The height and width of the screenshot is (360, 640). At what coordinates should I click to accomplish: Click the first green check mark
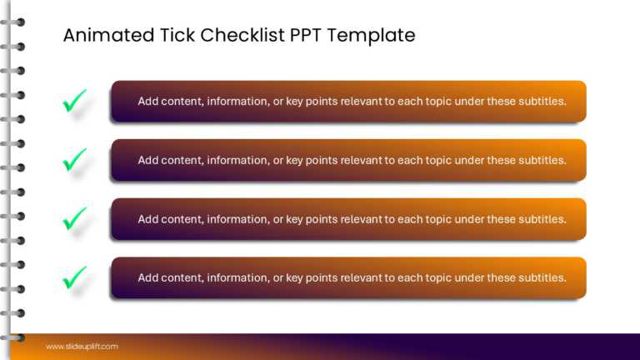point(74,102)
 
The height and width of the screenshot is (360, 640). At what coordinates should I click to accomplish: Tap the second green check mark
point(74,160)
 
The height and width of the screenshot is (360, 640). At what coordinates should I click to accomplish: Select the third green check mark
point(74,219)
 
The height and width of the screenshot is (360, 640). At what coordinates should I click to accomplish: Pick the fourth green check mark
point(74,277)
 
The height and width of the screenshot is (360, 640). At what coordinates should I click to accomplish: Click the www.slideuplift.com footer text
point(82,347)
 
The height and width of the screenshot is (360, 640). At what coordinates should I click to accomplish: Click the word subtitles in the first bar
point(542,102)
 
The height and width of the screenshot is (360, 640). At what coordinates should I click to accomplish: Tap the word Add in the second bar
point(147,160)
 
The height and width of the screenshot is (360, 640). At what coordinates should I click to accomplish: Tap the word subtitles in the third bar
point(542,219)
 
